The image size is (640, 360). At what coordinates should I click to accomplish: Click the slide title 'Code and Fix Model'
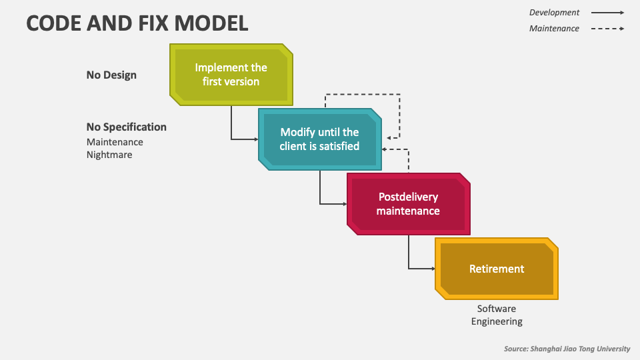coord(137,23)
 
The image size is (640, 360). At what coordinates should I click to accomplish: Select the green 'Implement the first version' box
coord(231,75)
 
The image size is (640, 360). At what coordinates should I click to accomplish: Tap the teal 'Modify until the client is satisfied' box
coord(319,139)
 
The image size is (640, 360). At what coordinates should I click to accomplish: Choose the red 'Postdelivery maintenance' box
coord(408,204)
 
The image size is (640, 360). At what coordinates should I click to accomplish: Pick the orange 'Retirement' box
coord(497,269)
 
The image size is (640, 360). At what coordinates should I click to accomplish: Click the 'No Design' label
coord(111,75)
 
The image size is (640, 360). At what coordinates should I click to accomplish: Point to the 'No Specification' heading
coord(127,127)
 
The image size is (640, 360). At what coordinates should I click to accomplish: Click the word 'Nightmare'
coord(109,155)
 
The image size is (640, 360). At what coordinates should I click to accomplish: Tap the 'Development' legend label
coord(554,13)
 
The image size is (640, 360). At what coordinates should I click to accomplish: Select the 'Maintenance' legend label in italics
coord(554,29)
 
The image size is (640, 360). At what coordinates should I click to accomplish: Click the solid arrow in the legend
coord(608,13)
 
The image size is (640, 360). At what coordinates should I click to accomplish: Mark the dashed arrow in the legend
coord(608,29)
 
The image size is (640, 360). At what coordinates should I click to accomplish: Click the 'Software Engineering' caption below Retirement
coord(497,315)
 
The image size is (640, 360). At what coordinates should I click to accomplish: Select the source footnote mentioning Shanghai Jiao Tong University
coord(567,349)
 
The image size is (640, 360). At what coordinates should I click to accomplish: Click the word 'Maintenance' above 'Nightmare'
coord(115,142)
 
